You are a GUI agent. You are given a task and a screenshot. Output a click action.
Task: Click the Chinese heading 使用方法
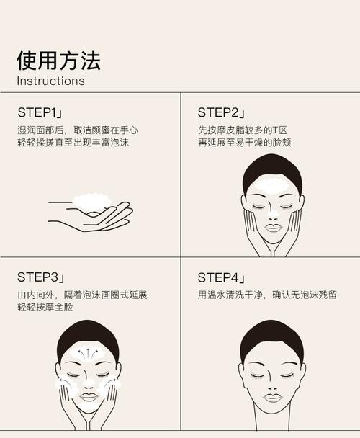point(58,60)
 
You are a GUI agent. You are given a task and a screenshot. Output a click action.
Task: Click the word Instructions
point(50,81)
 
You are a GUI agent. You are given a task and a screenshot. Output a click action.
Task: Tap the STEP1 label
point(40,113)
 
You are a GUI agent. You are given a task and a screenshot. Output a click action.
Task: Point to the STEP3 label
point(41,278)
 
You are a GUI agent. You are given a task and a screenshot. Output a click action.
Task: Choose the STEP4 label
point(221,278)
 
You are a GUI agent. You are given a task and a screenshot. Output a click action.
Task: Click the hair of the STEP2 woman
point(271,169)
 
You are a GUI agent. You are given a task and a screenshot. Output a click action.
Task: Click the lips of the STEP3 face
point(89,396)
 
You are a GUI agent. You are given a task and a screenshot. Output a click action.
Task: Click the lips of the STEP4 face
point(272,396)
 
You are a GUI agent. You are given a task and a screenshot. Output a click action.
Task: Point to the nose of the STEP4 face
point(272,382)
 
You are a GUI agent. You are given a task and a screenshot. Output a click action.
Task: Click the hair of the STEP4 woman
point(271,336)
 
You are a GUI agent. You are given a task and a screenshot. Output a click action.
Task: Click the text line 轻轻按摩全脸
point(45,308)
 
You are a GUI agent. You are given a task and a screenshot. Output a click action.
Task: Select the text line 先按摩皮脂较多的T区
point(243,130)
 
